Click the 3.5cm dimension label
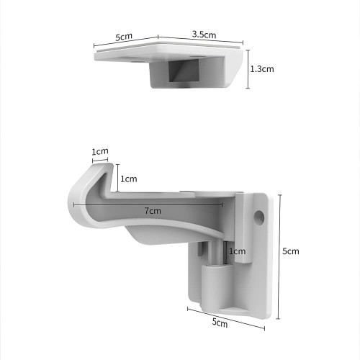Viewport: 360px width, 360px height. (204, 35)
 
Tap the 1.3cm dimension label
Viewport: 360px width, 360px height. (262, 69)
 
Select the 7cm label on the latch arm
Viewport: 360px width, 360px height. (153, 211)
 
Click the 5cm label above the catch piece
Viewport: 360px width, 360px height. (124, 37)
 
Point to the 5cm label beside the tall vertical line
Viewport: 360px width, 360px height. (291, 251)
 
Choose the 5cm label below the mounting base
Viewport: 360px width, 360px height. (220, 323)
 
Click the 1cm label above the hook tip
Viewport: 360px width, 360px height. (100, 151)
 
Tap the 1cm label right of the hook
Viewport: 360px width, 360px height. (129, 179)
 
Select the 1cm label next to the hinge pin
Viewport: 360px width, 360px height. (237, 251)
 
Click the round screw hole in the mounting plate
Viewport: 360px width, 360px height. (259, 217)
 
